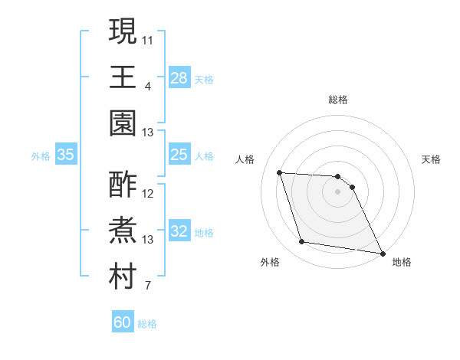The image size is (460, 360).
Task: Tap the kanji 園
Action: (x=123, y=122)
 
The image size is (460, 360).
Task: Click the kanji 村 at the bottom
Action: (x=123, y=277)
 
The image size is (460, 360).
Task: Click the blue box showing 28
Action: (x=179, y=78)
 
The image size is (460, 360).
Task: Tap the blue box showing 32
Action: (x=179, y=232)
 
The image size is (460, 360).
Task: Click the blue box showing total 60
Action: (x=123, y=322)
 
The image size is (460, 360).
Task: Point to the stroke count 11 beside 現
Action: (x=148, y=39)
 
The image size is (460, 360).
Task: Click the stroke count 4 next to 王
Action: (x=148, y=86)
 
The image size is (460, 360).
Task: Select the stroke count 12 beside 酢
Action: (x=148, y=194)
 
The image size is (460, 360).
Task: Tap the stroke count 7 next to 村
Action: (x=148, y=286)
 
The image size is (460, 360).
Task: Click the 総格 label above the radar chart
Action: (x=338, y=100)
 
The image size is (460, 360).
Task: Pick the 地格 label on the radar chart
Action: (x=402, y=262)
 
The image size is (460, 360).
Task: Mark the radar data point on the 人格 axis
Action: (x=280, y=172)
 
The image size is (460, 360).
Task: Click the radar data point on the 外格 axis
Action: (x=302, y=242)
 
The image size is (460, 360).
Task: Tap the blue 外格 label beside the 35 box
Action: (x=41, y=156)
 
